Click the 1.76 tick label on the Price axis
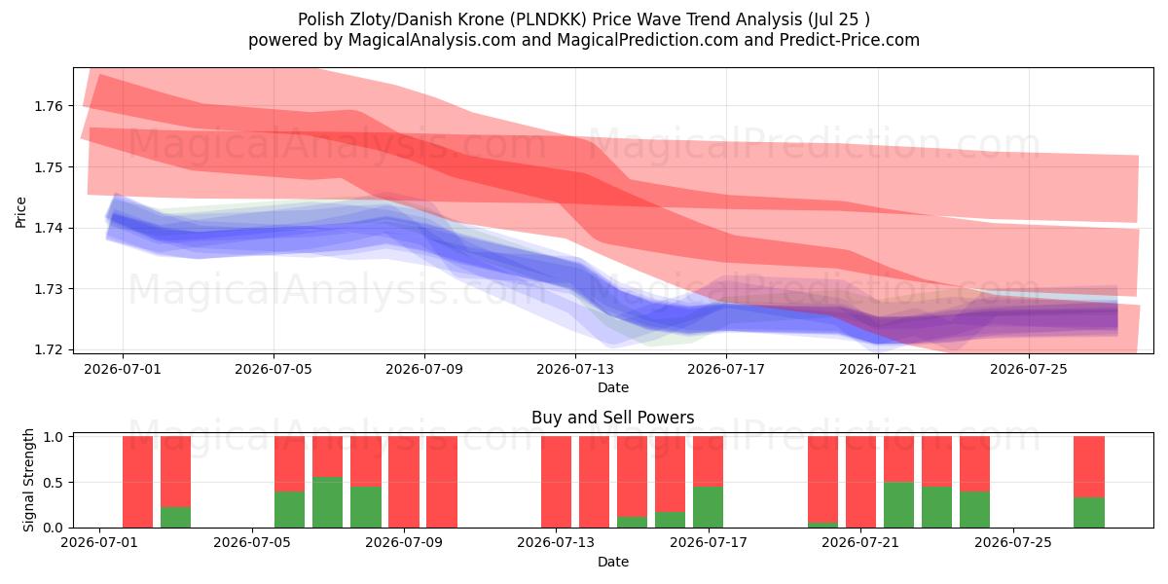tap(48, 106)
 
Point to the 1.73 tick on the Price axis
tap(48, 289)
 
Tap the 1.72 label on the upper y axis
tap(48, 349)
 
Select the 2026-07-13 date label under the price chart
tap(575, 369)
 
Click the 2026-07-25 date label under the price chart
tap(1029, 369)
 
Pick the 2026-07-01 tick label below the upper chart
tap(123, 369)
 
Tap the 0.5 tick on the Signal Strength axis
tap(54, 483)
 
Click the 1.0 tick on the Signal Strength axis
tap(54, 437)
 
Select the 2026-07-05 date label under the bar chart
tap(252, 543)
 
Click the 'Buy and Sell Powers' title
tap(612, 418)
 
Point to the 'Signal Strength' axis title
tap(28, 480)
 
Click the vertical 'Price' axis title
tap(20, 212)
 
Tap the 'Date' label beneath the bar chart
tap(612, 563)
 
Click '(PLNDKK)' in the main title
tap(548, 19)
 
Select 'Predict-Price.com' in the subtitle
tap(850, 40)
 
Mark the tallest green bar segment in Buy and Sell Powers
tap(327, 502)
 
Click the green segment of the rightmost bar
tap(1089, 513)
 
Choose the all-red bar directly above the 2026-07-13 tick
tap(556, 482)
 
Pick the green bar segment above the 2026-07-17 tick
tap(709, 507)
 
